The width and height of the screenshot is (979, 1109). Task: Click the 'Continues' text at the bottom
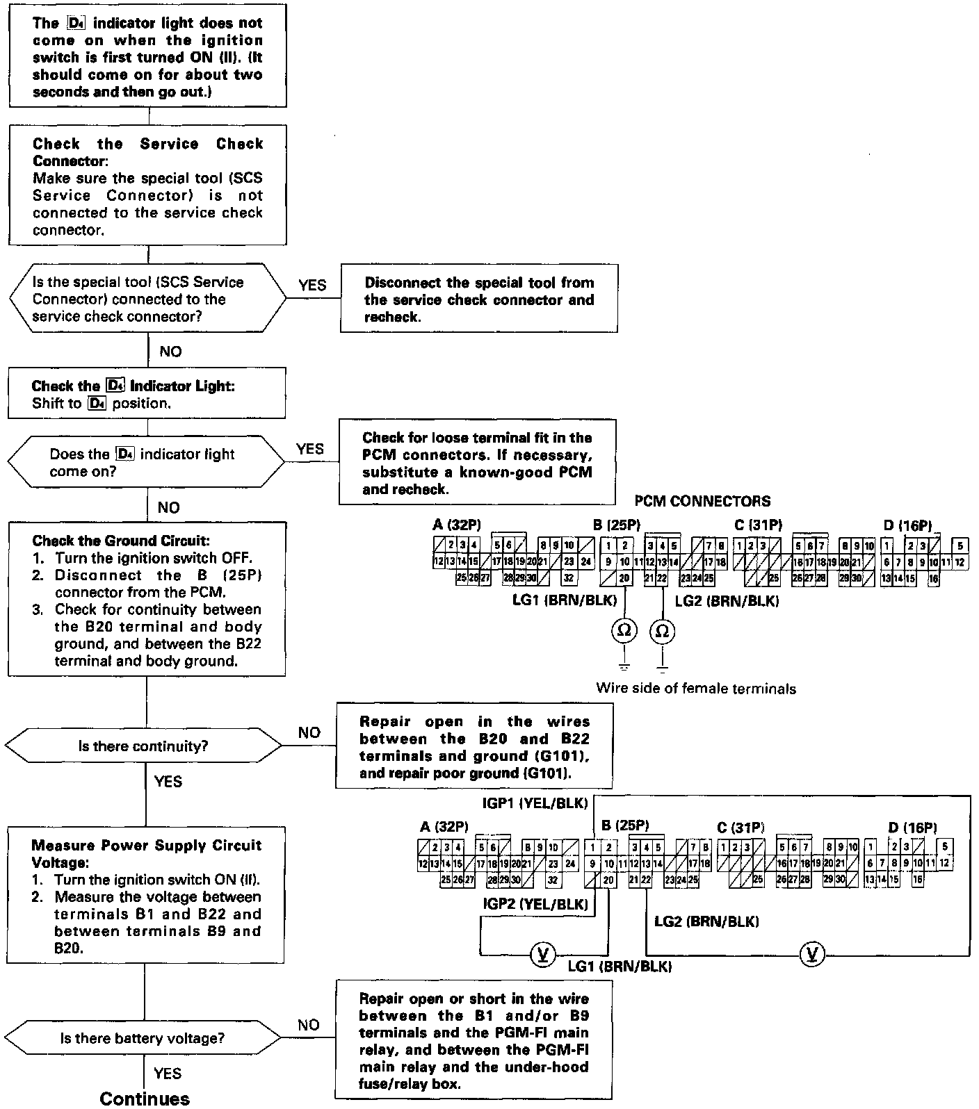pos(145,1098)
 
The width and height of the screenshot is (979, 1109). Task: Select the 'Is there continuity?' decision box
pos(143,746)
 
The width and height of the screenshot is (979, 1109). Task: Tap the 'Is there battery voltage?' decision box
pos(143,1038)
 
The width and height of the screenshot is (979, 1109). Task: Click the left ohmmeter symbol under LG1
pos(624,630)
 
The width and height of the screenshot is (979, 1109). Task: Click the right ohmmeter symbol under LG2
pos(663,630)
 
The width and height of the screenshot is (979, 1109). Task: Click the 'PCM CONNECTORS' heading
pos(702,501)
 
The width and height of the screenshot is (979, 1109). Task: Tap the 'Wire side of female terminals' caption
pos(696,689)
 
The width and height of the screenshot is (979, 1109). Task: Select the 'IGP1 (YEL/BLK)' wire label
pos(535,804)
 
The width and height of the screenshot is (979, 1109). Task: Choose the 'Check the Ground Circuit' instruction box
pos(147,600)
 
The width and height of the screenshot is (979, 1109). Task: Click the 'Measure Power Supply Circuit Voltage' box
pos(146,895)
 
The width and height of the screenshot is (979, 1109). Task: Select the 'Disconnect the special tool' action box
pos(479,299)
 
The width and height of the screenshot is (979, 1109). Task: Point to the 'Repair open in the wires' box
pos(474,747)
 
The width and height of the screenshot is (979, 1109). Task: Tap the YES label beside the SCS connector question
pos(312,286)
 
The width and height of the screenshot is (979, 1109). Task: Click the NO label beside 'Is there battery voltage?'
pos(309,1025)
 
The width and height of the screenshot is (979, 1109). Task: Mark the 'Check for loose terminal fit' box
pos(477,462)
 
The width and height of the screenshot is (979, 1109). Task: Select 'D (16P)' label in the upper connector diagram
pos(907,525)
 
